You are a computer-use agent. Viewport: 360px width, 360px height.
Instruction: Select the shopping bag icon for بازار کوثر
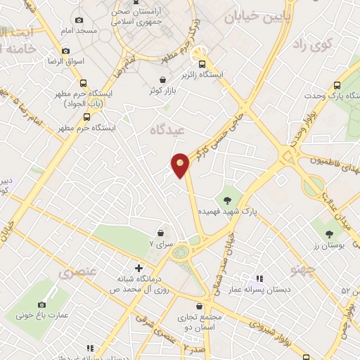[163, 80]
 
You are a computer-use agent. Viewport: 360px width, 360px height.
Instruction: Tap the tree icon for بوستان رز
[330, 233]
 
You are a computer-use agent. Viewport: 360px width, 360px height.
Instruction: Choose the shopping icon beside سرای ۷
[161, 232]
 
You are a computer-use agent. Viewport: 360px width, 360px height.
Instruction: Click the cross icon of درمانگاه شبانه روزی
[139, 268]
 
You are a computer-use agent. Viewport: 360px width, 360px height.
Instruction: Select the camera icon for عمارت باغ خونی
[41, 304]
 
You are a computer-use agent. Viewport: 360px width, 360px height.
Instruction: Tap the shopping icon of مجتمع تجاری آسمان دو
[201, 307]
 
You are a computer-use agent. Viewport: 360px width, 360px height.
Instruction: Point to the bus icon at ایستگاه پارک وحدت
[338, 84]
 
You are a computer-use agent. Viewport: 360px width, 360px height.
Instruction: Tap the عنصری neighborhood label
[77, 273]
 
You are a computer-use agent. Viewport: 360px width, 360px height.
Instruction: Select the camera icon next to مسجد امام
[78, 20]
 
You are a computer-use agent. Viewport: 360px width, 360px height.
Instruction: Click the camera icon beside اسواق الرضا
[65, 51]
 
